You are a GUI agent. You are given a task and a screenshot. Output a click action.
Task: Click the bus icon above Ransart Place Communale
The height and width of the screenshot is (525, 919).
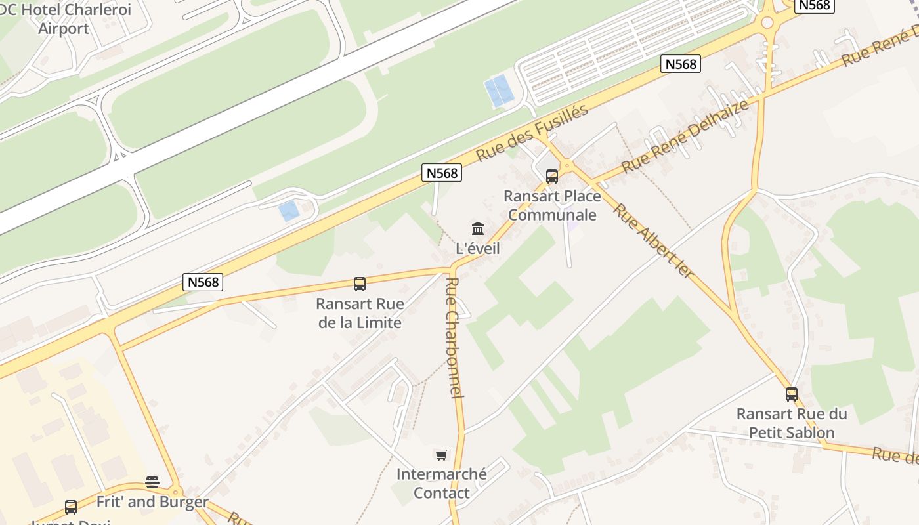coord(551,177)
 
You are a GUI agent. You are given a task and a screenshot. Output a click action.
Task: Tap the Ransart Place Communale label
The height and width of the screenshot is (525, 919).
coord(552,205)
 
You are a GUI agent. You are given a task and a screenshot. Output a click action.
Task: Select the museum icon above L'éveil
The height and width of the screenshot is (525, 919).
coord(478,229)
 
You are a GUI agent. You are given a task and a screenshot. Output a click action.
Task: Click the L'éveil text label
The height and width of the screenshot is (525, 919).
coord(478,249)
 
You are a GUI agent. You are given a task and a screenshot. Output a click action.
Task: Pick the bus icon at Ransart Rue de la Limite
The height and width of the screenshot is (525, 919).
coord(359,284)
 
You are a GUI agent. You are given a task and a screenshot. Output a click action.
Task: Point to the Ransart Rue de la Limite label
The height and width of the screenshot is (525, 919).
coord(359,313)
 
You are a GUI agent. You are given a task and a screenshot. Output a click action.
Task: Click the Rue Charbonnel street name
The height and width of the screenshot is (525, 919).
coord(455,337)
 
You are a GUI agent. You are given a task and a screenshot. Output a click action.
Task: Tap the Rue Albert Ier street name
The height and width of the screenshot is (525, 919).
coord(653,240)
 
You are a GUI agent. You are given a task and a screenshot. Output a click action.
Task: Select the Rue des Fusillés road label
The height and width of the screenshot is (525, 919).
coord(532,133)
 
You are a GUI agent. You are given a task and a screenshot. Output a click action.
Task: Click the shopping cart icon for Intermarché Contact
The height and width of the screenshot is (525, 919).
coord(442,455)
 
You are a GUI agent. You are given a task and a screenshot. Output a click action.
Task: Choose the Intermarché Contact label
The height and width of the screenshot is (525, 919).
coord(442,483)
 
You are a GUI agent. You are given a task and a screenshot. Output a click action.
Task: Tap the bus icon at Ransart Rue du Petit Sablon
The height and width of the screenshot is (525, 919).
coord(792,394)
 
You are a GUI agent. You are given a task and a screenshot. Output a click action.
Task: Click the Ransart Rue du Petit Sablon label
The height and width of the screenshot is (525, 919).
coord(792,423)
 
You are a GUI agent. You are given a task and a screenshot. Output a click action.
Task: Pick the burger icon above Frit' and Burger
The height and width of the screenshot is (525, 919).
coord(152,482)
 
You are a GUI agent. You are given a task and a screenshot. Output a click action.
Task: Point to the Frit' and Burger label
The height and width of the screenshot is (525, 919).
coord(152,503)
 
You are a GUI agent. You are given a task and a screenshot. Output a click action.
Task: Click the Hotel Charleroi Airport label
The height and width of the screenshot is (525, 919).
coord(66,19)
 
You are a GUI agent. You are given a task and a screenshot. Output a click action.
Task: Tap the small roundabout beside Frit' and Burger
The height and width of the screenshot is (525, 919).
coord(175,492)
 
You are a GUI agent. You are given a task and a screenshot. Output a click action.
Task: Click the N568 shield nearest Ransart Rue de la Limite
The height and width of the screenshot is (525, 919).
coord(203,282)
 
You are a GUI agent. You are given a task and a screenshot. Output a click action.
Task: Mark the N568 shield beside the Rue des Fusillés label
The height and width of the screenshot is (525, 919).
coord(442,173)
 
